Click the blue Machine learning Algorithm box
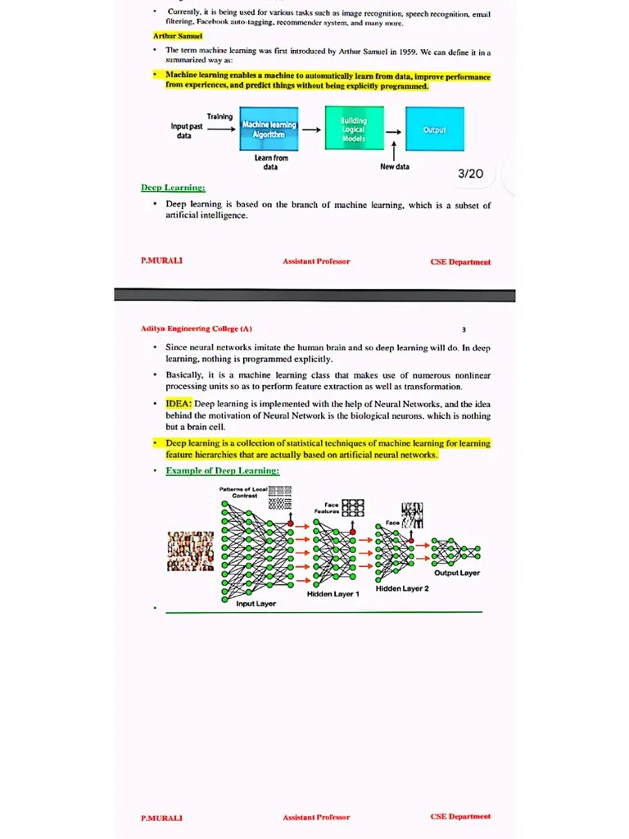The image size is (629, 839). pos(269,129)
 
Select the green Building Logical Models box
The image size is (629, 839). pos(354,129)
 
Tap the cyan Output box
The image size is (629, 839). pos(434,129)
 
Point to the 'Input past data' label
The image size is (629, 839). pos(187,130)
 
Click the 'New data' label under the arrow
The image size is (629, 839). pos(395,166)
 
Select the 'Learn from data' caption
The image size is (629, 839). pos(270,161)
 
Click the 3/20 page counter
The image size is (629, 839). pos(470,174)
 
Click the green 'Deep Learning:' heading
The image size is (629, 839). pos(173,188)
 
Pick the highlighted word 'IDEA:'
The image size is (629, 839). pos(179,404)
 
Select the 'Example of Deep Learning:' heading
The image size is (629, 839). pos(222,470)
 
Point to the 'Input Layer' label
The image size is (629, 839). pos(256,604)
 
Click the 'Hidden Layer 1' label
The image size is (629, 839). pos(333,594)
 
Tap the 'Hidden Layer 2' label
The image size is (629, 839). pos(402,588)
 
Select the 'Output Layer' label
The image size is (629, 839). pos(457,573)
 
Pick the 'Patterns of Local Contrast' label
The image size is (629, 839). pos(243,492)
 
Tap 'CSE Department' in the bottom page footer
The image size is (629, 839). pos(460,816)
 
